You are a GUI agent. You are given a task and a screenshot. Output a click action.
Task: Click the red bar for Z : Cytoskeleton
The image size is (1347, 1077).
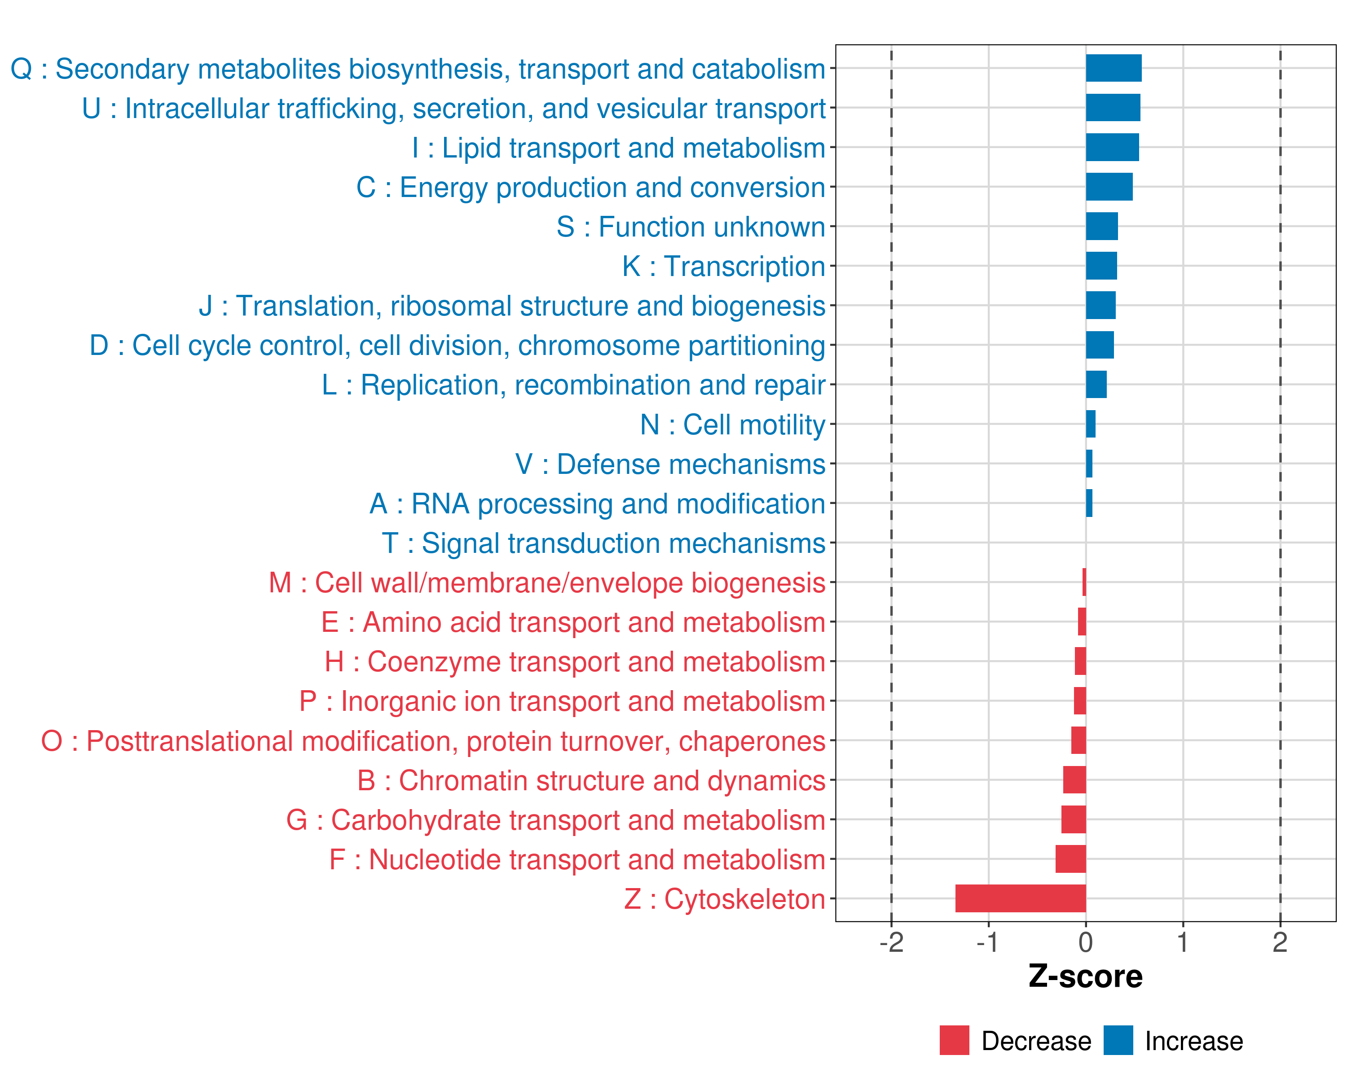coord(1020,898)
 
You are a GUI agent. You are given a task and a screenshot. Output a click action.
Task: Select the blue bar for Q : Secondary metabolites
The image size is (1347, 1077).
coord(1114,68)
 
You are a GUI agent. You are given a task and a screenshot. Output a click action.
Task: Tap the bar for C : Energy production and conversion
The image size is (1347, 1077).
coord(1109,187)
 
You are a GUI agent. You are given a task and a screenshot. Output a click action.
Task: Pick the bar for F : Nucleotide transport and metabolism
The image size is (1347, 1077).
coord(1070,859)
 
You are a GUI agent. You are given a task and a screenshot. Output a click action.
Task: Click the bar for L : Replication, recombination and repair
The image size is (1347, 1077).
coord(1096,385)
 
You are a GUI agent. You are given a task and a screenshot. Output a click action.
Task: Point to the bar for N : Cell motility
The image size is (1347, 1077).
coord(1090,424)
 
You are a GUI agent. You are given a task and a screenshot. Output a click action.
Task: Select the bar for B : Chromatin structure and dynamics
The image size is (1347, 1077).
coord(1074,780)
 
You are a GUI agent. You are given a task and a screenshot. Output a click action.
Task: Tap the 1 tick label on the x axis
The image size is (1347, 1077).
coord(1183,943)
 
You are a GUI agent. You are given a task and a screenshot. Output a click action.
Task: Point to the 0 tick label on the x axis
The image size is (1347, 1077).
coord(1086,943)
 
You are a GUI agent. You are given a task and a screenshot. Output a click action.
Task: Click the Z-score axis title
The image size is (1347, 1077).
coord(1085,976)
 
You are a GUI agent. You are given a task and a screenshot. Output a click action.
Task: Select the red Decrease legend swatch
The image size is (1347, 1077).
coord(954,1040)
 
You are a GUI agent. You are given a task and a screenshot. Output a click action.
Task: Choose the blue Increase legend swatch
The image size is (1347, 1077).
coord(1118,1040)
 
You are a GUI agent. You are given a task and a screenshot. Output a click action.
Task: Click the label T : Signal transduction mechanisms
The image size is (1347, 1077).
coord(603,543)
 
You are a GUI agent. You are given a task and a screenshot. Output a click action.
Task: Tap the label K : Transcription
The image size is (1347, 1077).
coord(723,267)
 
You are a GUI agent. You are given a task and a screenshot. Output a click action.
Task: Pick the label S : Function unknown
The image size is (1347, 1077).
coord(691,227)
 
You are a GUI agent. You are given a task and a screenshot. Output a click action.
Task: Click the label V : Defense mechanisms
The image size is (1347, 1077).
coord(670,464)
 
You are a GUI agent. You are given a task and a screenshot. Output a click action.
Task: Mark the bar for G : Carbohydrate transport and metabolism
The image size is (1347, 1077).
coord(1074,820)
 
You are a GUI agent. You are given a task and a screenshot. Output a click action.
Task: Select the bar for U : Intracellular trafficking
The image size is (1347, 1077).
coord(1113,107)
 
